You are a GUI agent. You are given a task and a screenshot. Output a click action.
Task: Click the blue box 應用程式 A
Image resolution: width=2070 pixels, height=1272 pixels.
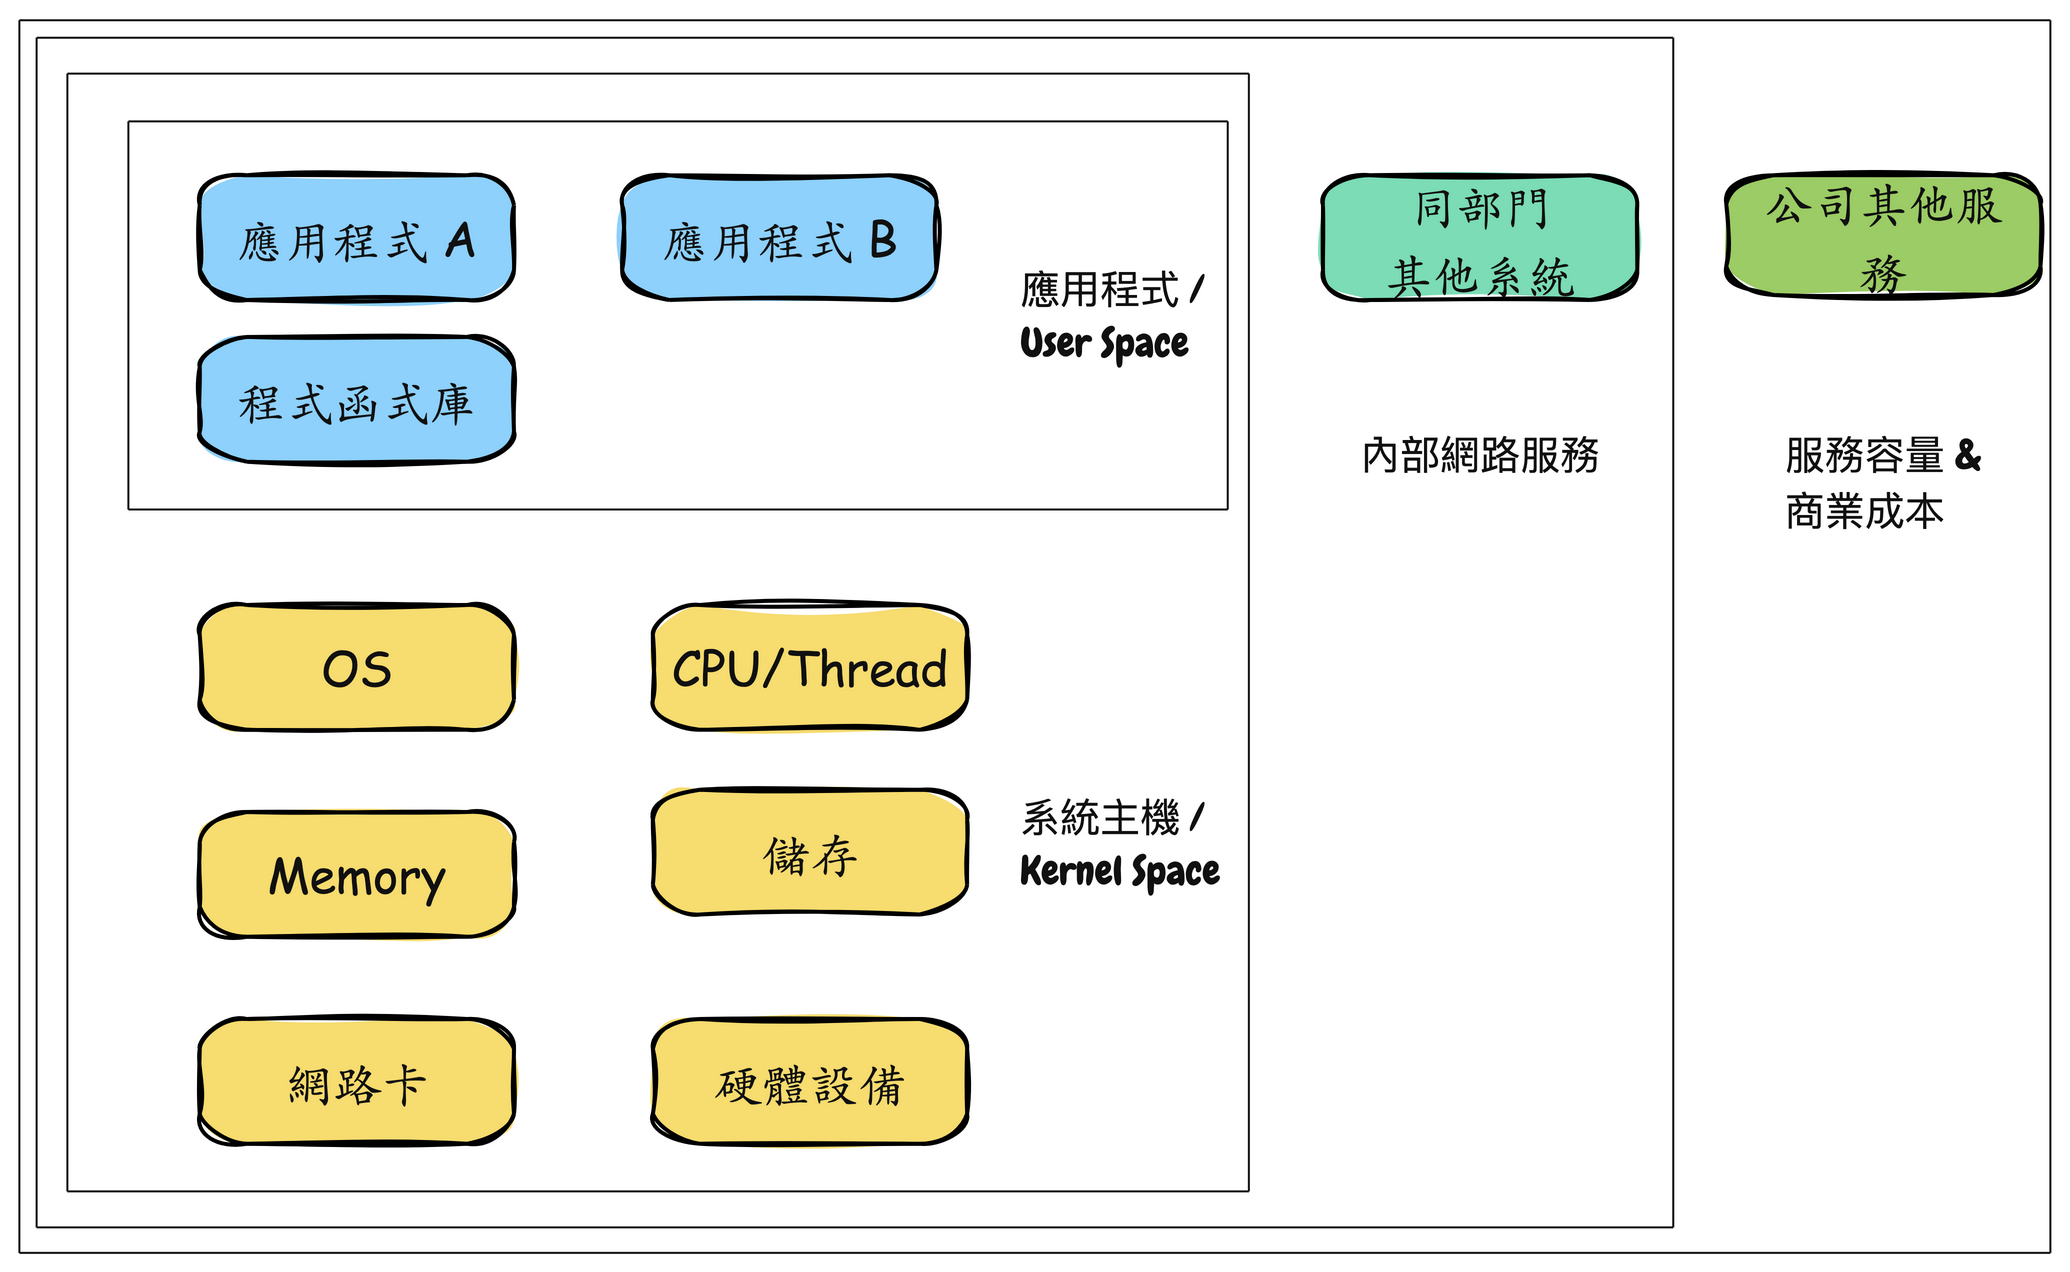[x=356, y=238]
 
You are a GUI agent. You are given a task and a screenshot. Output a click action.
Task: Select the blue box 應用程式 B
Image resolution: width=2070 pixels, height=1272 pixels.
[x=779, y=238]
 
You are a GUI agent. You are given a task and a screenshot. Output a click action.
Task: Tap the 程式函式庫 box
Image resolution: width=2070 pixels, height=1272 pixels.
[x=356, y=401]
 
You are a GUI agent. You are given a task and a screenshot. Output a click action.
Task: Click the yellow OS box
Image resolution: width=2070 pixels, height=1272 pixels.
[x=356, y=668]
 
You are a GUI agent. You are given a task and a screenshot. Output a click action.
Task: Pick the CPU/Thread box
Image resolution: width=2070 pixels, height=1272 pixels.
[x=809, y=667]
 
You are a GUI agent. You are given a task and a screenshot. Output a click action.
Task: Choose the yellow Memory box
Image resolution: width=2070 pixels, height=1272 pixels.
[x=356, y=875]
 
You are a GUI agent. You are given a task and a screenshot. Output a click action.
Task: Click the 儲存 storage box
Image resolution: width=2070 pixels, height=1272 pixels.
[x=809, y=853]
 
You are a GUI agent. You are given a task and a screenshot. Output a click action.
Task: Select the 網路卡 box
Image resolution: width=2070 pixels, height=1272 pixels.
[x=356, y=1082]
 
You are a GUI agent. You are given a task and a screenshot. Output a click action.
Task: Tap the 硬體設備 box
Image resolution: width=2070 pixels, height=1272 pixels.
[x=809, y=1082]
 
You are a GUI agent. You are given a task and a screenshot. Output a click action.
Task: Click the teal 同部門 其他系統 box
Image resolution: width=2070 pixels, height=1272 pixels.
[x=1479, y=238]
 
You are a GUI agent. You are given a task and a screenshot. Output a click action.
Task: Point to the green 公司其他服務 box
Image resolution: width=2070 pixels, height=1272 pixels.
[x=1883, y=235]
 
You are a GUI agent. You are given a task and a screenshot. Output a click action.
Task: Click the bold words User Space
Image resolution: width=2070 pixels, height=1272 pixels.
[x=1104, y=343]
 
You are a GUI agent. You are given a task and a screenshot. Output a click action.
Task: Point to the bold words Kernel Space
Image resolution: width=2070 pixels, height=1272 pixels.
[x=1119, y=871]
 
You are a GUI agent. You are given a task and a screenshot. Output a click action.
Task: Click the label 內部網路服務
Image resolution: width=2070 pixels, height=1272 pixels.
[x=1480, y=456]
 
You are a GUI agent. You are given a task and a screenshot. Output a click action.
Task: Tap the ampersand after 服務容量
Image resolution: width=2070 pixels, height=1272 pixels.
[x=1967, y=455]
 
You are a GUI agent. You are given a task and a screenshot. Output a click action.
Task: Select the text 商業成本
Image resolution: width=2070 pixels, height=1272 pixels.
[x=1864, y=512]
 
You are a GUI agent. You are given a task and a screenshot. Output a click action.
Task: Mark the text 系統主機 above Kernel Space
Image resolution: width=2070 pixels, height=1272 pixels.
[x=1100, y=818]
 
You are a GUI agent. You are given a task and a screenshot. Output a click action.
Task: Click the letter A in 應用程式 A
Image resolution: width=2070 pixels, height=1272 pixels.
[x=460, y=240]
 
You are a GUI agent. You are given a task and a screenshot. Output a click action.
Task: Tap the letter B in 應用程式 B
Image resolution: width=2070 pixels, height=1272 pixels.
[x=883, y=240]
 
